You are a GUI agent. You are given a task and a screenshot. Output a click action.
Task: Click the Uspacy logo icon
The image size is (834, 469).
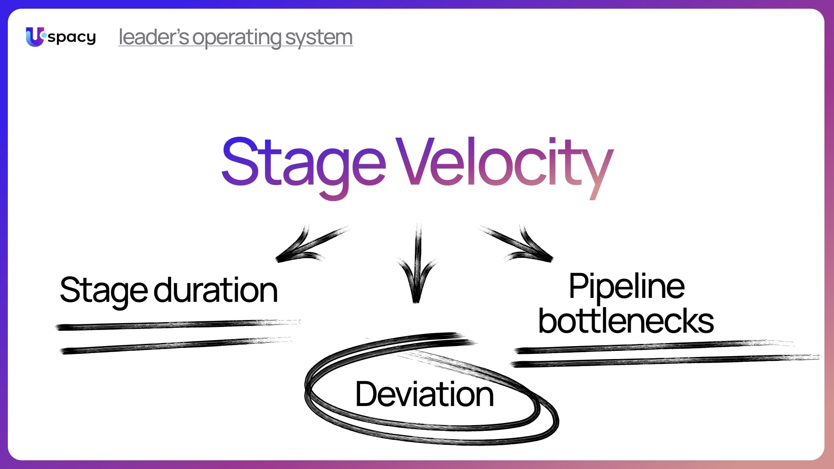[35, 36]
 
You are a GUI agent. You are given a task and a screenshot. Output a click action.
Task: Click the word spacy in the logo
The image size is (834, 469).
[72, 37]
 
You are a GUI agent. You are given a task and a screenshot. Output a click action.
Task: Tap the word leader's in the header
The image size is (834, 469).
[153, 37]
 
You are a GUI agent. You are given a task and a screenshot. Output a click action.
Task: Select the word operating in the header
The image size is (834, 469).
[237, 38]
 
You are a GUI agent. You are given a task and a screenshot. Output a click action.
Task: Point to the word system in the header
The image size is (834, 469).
[319, 38]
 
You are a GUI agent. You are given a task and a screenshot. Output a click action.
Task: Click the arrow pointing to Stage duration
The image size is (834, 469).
[308, 245]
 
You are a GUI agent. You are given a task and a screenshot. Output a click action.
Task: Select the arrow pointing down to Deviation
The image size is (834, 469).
[417, 265]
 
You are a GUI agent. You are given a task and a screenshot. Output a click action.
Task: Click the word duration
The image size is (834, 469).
[215, 290]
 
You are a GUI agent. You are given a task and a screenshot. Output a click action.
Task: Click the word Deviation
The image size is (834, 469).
[424, 394]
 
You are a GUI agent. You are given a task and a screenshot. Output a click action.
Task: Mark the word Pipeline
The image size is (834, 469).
[626, 287]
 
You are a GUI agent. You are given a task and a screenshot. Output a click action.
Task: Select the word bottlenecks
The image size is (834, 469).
[626, 321]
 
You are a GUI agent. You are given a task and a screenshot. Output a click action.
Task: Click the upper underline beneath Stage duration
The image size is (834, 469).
[174, 325]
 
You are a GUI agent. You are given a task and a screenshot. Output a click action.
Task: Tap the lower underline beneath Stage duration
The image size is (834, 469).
[174, 346]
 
